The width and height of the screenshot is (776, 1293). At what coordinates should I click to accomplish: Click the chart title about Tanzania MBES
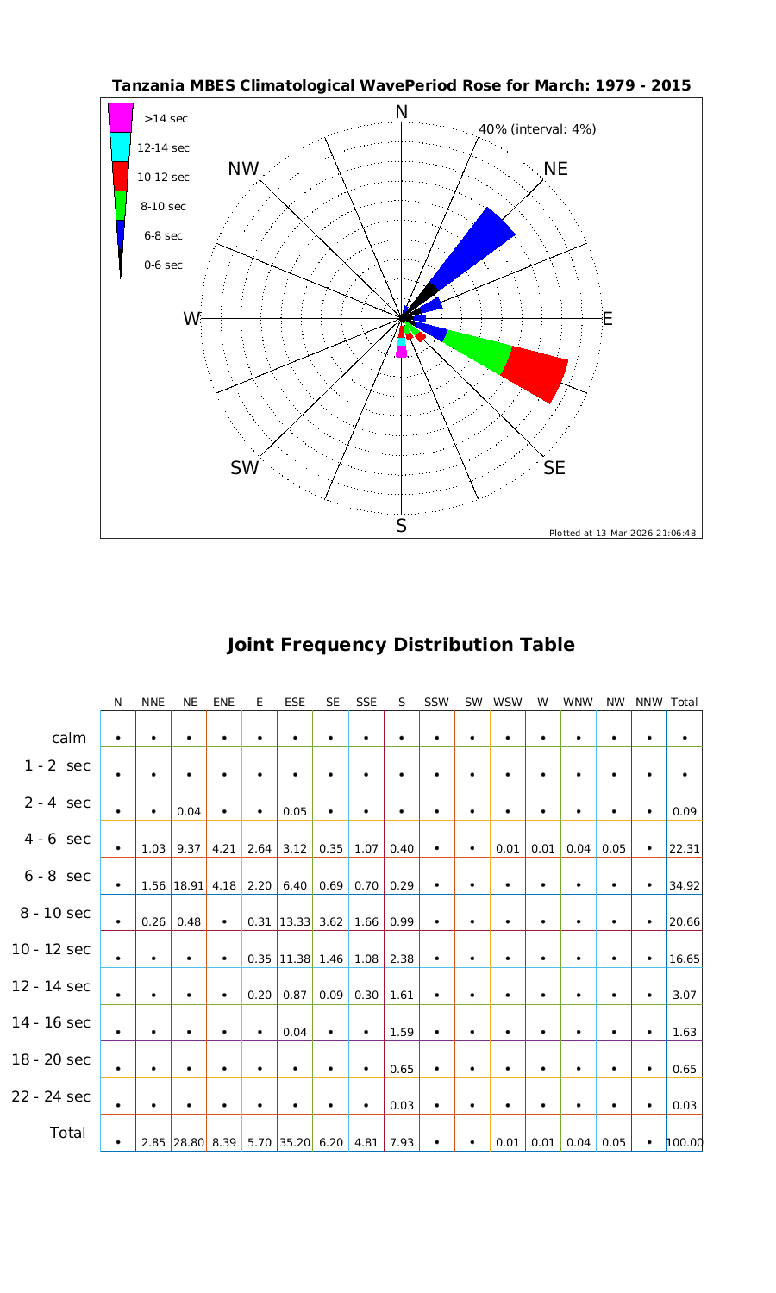tap(401, 85)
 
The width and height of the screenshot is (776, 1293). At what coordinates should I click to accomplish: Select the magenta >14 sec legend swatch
tap(120, 117)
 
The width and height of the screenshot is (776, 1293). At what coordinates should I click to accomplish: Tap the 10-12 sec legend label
tap(163, 178)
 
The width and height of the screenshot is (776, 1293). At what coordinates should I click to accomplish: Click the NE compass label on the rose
tap(556, 169)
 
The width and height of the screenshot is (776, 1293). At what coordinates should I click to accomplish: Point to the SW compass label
tap(244, 468)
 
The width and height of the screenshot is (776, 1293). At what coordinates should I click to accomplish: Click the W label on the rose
tap(191, 319)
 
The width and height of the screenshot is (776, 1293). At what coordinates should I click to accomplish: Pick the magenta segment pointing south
tap(401, 352)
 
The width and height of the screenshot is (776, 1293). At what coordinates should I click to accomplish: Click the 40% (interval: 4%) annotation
tap(537, 129)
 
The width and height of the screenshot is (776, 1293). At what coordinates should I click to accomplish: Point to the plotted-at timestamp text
tap(623, 533)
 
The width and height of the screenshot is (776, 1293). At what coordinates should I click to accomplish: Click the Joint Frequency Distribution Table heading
tap(401, 645)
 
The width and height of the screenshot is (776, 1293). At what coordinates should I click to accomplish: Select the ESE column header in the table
tap(295, 702)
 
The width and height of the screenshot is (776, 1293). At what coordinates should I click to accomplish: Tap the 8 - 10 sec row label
tap(51, 913)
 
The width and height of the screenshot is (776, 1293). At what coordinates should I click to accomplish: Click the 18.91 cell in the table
tap(188, 885)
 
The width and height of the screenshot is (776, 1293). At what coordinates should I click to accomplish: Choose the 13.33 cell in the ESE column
tap(295, 922)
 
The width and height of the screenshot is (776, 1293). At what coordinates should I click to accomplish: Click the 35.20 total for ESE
tap(295, 1143)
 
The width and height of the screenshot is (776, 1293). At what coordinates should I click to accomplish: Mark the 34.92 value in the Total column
tap(684, 885)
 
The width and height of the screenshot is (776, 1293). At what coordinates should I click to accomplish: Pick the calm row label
tap(69, 738)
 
